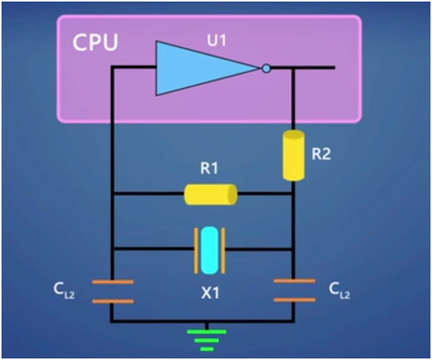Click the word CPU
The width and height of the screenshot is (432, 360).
(95, 42)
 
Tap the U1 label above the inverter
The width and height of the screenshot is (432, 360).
(217, 41)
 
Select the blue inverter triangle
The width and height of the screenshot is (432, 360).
(203, 68)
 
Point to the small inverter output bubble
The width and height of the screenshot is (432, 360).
(266, 68)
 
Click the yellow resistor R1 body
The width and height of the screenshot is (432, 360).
(211, 194)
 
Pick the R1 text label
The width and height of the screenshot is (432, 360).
(209, 168)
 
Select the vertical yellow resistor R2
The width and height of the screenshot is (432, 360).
(293, 156)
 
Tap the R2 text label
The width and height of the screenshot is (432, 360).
(321, 154)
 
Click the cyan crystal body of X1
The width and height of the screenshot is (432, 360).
(210, 250)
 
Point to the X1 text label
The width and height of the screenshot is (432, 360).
(211, 293)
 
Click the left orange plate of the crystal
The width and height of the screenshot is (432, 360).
(196, 251)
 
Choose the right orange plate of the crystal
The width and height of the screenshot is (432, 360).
(224, 251)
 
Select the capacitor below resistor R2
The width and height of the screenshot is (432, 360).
(294, 290)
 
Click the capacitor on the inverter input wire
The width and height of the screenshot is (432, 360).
(113, 292)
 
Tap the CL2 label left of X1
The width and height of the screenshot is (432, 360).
(64, 291)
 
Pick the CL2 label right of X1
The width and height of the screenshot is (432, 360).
(339, 291)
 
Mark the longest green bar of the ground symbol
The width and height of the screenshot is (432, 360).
(207, 331)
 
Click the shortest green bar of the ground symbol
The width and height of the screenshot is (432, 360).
(207, 349)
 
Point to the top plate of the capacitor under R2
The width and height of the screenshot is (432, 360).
(294, 281)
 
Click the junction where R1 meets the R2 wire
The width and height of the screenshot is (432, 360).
(293, 194)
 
